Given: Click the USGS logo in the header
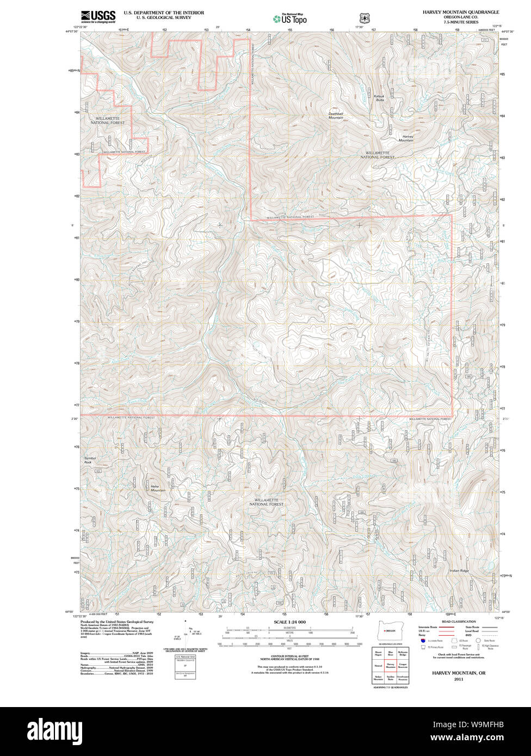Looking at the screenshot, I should click(98, 16).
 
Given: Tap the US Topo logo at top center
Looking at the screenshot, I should click(290, 19).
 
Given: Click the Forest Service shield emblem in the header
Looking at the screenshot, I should click(363, 18).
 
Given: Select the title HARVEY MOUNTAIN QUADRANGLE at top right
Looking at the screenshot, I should click(460, 11).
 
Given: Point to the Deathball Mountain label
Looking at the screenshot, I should click(336, 115).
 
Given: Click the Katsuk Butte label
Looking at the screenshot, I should click(379, 98).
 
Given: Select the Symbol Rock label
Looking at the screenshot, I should click(90, 460).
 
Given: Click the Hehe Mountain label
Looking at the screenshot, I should click(158, 488).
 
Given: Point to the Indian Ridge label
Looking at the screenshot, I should click(459, 571).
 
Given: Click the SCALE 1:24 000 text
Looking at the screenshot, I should click(289, 622).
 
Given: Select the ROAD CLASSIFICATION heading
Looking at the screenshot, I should click(459, 622).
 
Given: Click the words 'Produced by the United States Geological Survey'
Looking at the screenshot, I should click(117, 622).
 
